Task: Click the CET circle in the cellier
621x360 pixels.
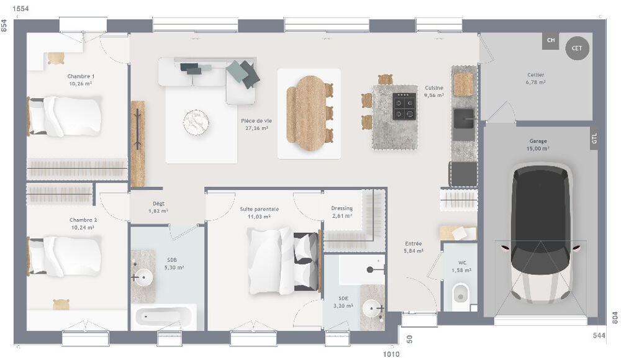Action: [x=577, y=48]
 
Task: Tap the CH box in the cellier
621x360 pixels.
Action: [x=550, y=41]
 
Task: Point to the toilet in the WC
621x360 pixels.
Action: [x=460, y=296]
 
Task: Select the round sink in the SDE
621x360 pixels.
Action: [x=373, y=307]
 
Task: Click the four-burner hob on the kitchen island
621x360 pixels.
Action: [x=404, y=106]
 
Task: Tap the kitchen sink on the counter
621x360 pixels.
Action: [x=463, y=117]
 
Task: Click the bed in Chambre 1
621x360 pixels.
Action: [x=65, y=116]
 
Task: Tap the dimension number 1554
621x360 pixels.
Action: [x=22, y=8]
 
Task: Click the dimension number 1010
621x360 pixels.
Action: [x=390, y=354]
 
